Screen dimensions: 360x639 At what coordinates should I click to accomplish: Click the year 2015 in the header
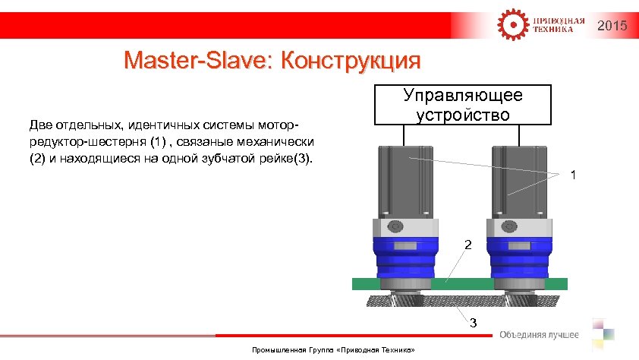[x=612, y=27]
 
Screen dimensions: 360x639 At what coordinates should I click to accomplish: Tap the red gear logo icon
[x=512, y=24]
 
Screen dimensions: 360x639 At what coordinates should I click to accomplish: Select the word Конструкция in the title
[x=350, y=60]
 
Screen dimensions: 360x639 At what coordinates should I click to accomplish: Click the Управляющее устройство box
[x=463, y=105]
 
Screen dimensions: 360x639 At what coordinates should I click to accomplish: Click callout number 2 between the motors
[x=468, y=245]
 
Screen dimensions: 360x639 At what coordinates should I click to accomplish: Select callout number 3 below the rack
[x=473, y=324]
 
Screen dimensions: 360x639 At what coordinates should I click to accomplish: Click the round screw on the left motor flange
[x=395, y=226]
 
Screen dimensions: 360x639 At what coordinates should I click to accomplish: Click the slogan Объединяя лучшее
[x=539, y=335]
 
